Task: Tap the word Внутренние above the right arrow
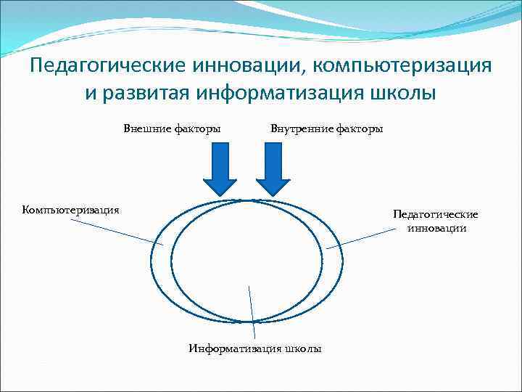(299, 129)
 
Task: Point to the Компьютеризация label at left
(71, 210)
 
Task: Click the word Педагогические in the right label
(435, 215)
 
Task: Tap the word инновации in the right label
(436, 228)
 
